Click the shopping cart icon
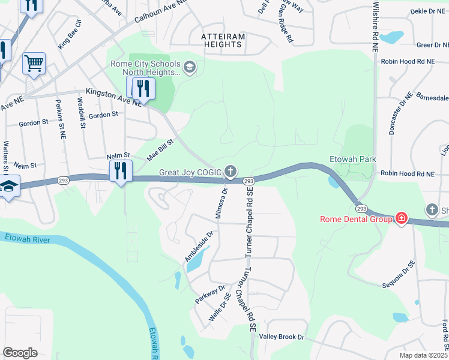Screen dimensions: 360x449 pyautogui.click(x=34, y=62)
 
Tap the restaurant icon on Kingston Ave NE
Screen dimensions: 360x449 pyautogui.click(x=143, y=89)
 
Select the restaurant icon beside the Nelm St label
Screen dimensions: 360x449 pyautogui.click(x=121, y=171)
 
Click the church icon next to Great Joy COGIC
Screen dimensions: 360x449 pyautogui.click(x=230, y=171)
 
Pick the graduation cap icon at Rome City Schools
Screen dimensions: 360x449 pyautogui.click(x=190, y=66)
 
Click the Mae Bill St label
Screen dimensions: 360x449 pyautogui.click(x=160, y=150)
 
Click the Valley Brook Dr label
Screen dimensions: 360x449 pyautogui.click(x=281, y=337)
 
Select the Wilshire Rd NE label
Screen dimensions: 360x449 pyautogui.click(x=376, y=27)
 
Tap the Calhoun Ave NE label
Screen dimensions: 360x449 pyautogui.click(x=161, y=11)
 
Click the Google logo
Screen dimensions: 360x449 pyautogui.click(x=20, y=353)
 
